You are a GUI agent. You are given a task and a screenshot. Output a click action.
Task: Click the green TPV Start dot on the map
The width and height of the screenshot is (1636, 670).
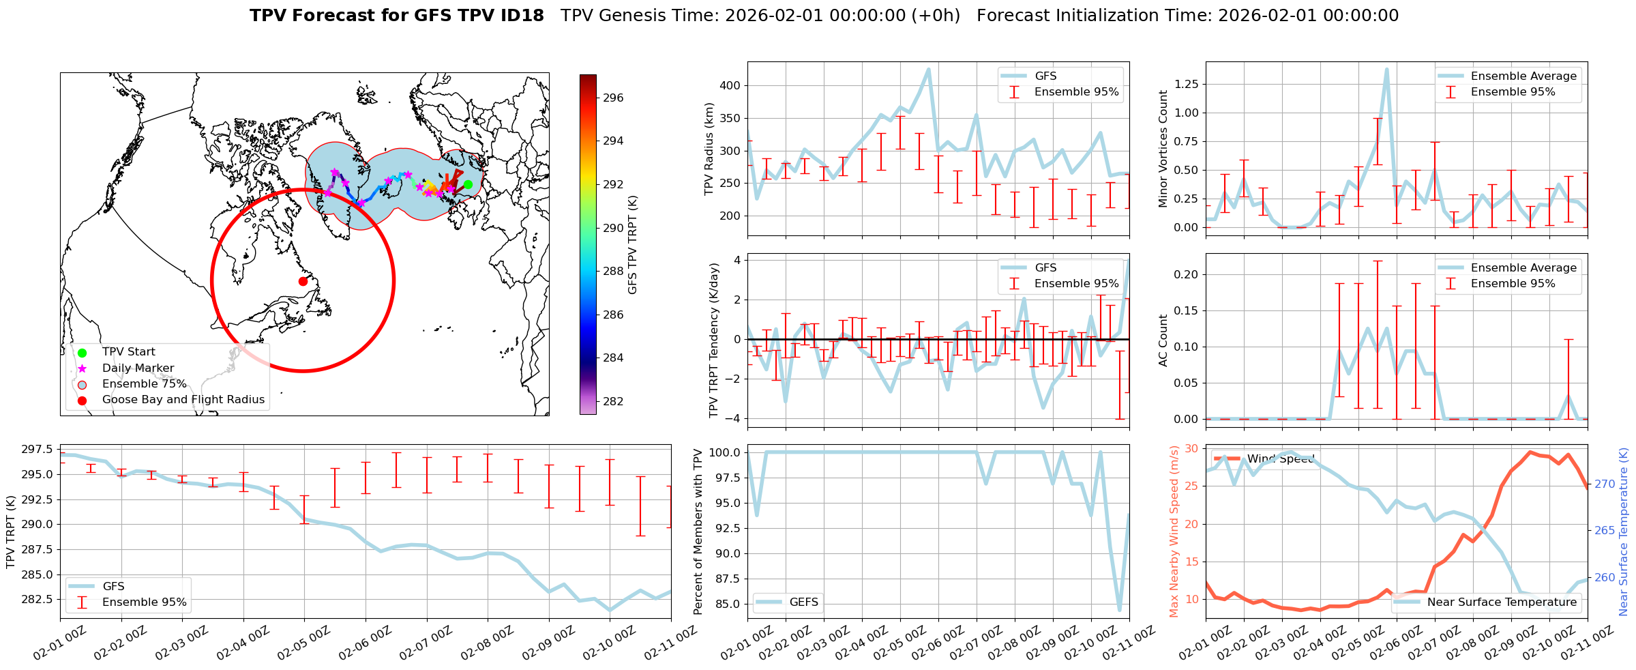pyautogui.click(x=468, y=184)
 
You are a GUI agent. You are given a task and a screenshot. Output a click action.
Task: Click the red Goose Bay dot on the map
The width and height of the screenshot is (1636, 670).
pyautogui.click(x=303, y=281)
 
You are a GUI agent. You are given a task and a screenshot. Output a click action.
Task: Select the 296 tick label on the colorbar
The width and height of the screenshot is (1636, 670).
pyautogui.click(x=613, y=98)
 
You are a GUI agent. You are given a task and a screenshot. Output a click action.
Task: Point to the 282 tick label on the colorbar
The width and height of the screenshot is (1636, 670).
pyautogui.click(x=613, y=401)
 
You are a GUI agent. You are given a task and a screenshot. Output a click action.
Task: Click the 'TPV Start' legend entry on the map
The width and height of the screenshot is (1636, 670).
pyautogui.click(x=128, y=352)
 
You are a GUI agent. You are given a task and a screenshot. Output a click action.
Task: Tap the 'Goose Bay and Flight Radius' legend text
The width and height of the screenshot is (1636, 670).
pyautogui.click(x=183, y=400)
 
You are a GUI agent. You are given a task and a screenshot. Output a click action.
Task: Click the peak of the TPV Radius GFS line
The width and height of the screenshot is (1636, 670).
pyautogui.click(x=928, y=69)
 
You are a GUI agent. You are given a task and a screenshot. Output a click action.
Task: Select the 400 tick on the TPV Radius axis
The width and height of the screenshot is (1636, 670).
pyautogui.click(x=730, y=86)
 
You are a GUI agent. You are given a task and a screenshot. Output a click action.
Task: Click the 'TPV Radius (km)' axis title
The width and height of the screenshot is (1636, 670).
pyautogui.click(x=709, y=149)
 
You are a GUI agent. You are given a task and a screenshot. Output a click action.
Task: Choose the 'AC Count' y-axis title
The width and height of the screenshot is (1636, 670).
pyautogui.click(x=1163, y=340)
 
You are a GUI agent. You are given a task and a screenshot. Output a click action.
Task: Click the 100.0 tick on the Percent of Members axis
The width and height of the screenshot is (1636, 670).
pyautogui.click(x=727, y=452)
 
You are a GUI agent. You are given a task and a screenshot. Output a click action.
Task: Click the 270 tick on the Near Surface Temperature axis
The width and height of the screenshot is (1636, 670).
pyautogui.click(x=1605, y=484)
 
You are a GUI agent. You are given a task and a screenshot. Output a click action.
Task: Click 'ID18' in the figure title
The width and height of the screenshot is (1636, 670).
pyautogui.click(x=518, y=16)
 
